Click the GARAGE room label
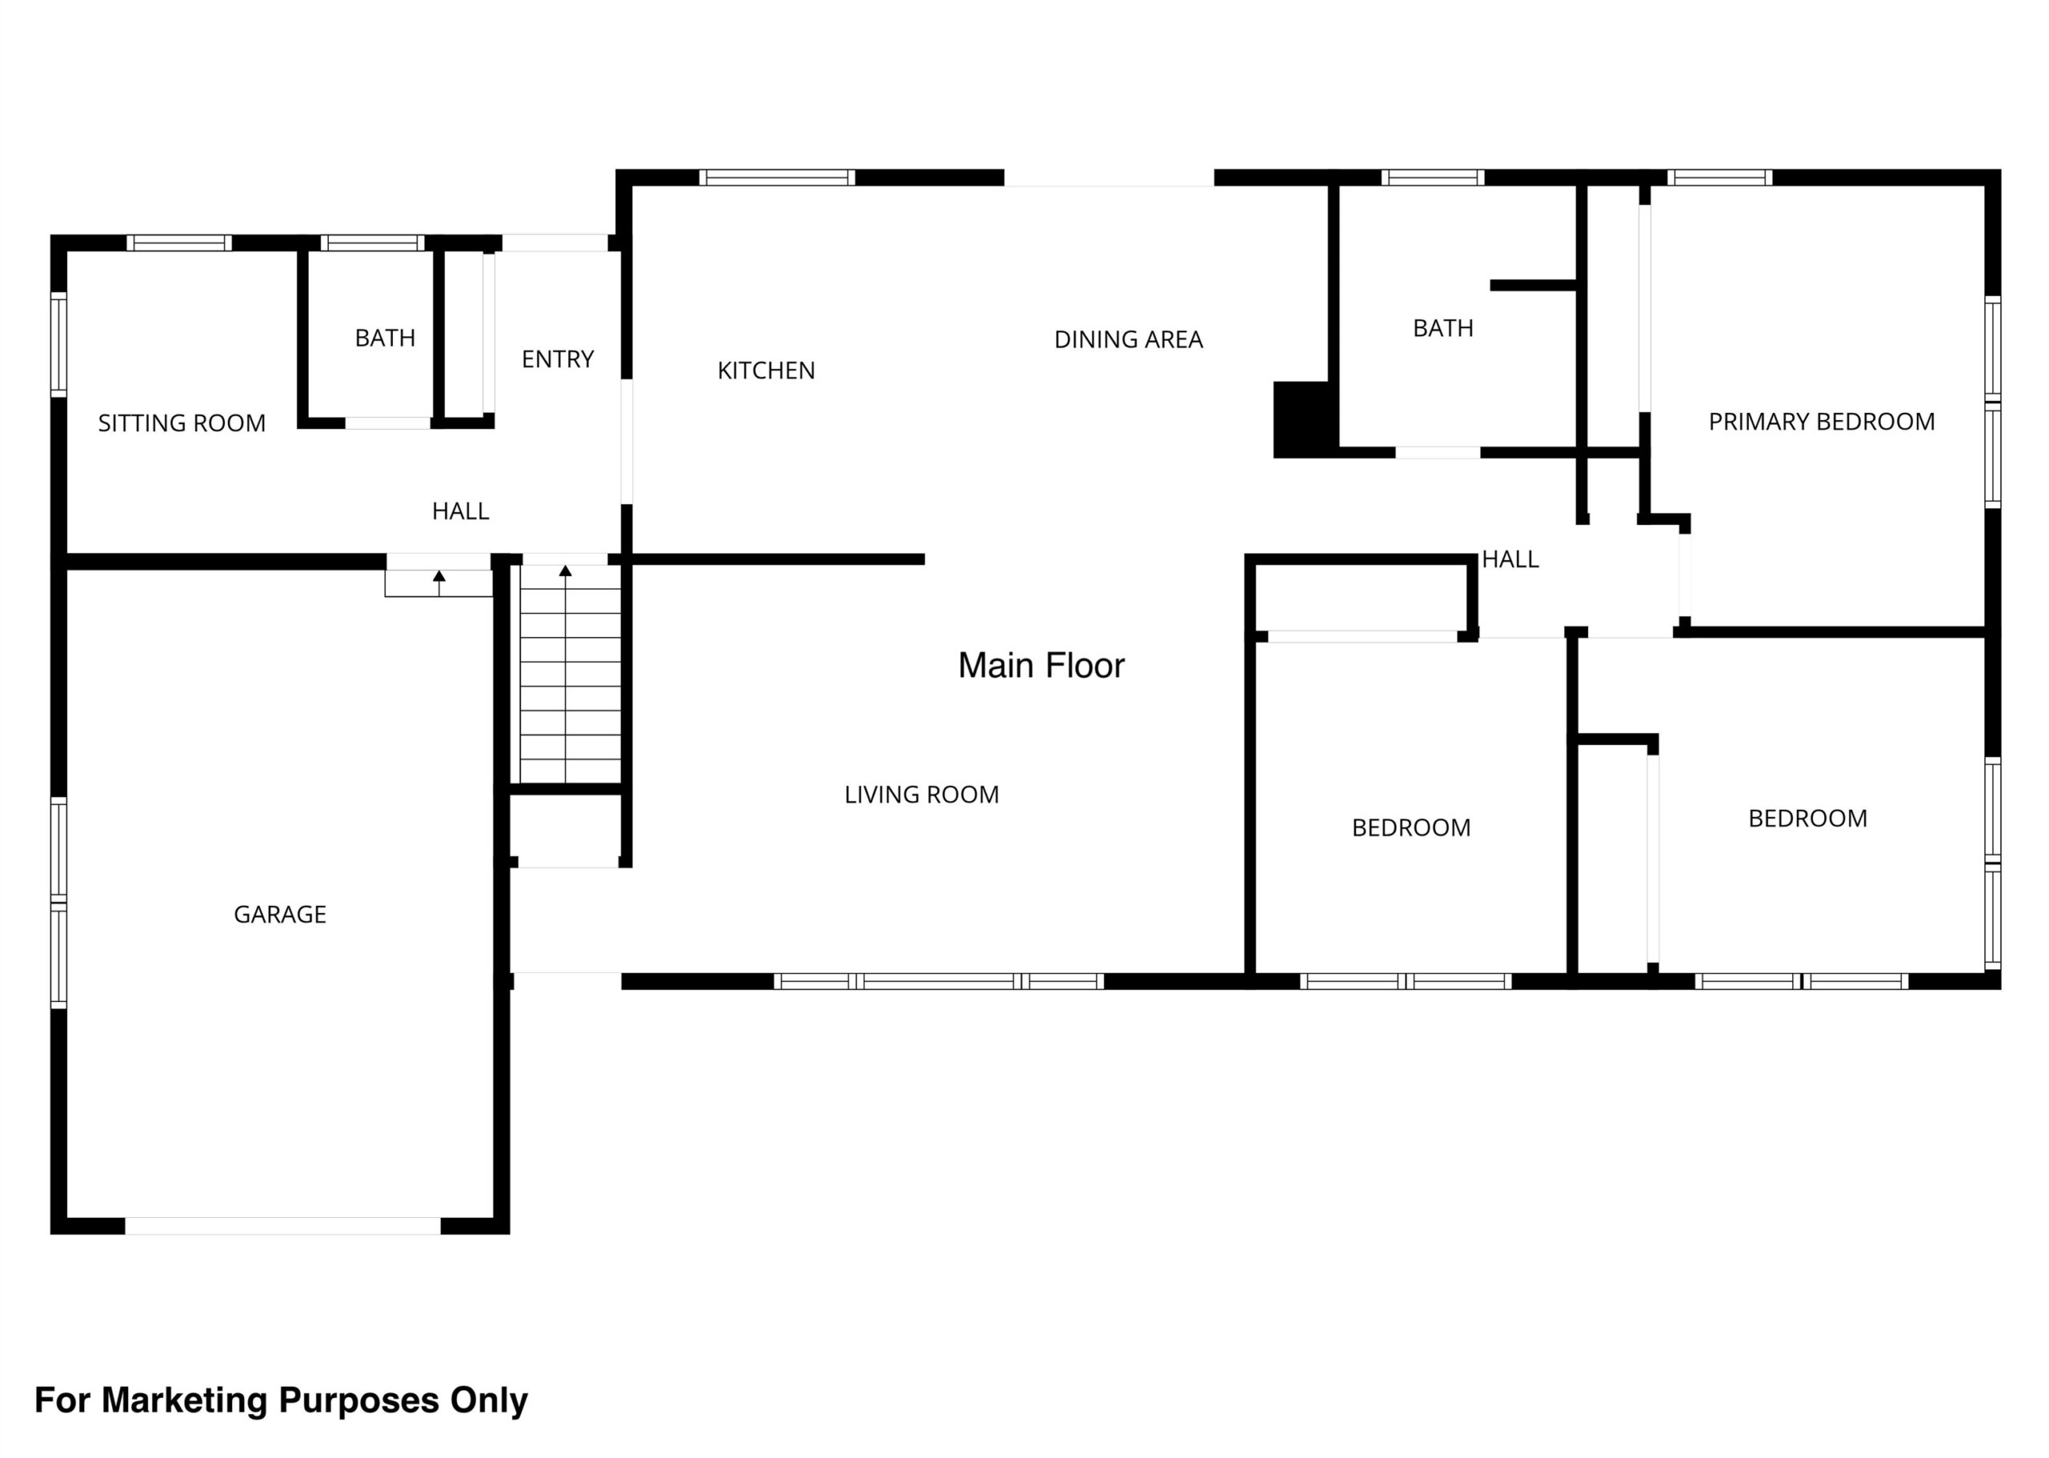(280, 914)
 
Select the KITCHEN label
(766, 370)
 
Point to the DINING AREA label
(1128, 339)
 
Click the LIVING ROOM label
(921, 795)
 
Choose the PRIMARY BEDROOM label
(1821, 422)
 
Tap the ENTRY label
(558, 359)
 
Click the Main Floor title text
(1041, 665)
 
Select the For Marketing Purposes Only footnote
(281, 1400)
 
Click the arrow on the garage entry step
(439, 583)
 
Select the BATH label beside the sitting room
(385, 338)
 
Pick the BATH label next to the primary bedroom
(1443, 329)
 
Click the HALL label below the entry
(460, 511)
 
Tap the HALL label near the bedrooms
(1510, 559)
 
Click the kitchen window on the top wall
(777, 178)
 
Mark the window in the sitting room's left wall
(58, 344)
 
